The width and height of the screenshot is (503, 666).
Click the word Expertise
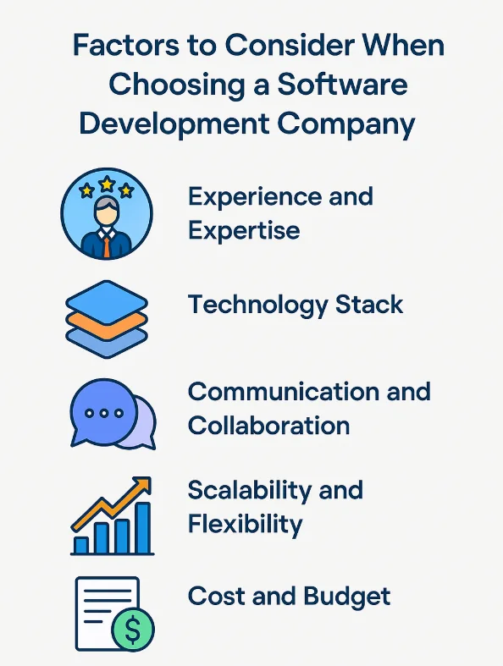tap(244, 230)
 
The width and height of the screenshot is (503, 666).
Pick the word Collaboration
tap(268, 426)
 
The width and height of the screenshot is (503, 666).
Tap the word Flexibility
tap(245, 524)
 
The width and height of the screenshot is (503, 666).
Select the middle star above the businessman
tap(106, 184)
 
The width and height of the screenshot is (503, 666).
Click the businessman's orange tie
tap(106, 245)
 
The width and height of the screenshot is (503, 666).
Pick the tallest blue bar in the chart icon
tap(143, 528)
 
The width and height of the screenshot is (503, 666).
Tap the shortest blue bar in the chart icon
tap(81, 545)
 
